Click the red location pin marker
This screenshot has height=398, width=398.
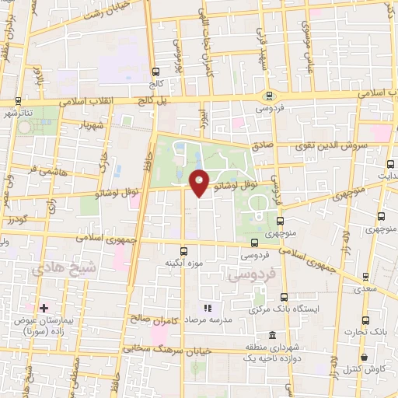(199, 183)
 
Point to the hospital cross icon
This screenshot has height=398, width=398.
(44, 309)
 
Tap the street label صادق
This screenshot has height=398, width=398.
(260, 145)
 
